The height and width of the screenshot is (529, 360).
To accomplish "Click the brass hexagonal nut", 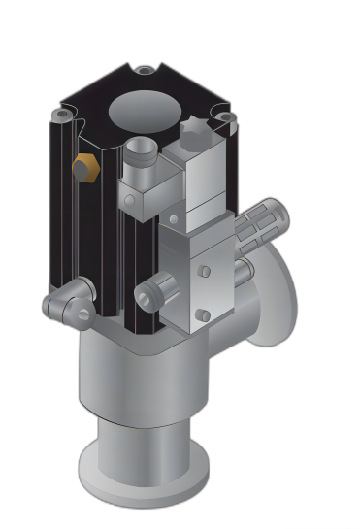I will [x=86, y=167].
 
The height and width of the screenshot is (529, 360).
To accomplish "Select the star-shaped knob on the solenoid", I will [x=195, y=132].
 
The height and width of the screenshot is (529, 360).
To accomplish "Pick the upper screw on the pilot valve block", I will [x=204, y=271].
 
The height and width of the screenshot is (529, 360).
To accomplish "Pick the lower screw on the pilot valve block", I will [x=204, y=315].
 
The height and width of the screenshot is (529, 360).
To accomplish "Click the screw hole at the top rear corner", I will [x=145, y=70].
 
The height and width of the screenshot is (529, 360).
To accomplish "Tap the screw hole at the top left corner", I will [x=62, y=115].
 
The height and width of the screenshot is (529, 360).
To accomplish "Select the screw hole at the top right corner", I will [x=225, y=117].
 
